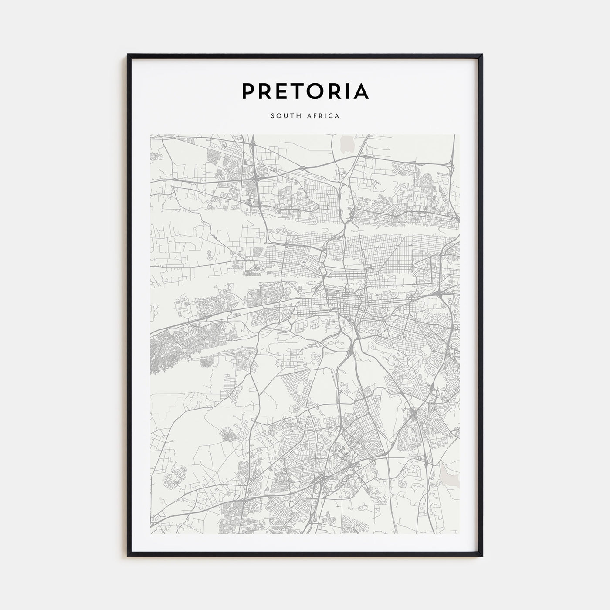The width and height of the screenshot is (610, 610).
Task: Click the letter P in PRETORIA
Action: (x=249, y=91)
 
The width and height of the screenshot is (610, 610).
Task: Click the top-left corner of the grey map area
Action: (x=150, y=135)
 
